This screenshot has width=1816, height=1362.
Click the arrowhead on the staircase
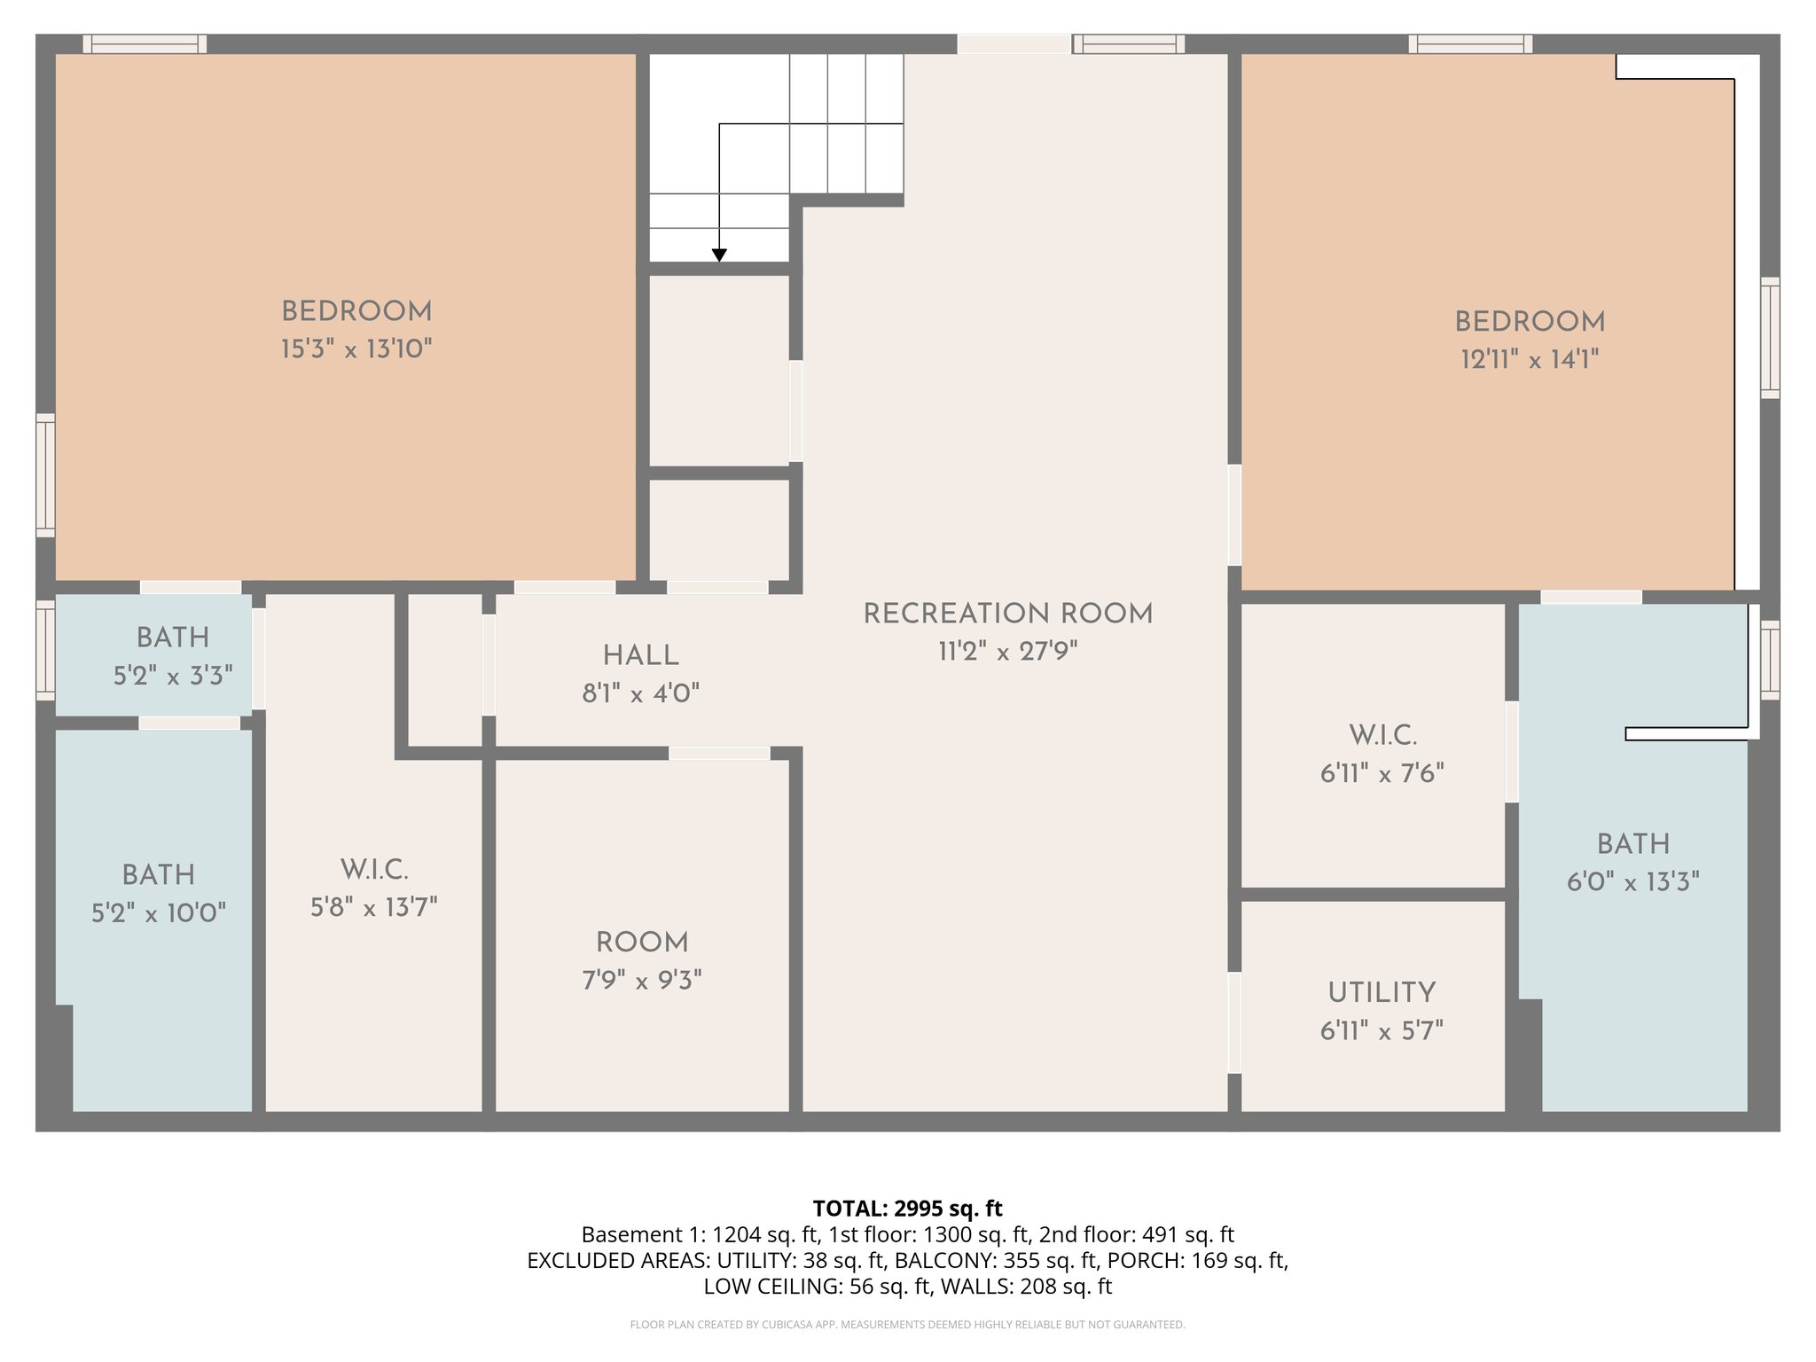pos(719,255)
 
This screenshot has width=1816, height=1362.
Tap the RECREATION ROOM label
pos(1008,614)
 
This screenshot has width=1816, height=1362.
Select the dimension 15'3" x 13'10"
pos(356,349)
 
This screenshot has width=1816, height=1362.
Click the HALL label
pos(640,656)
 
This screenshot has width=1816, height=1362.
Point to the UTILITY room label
pos(1382,992)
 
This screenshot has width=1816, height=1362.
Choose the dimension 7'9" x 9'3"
pos(642,981)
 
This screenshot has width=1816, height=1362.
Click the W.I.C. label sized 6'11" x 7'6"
pos(1382,735)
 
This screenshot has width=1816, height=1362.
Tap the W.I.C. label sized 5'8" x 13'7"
pos(374,870)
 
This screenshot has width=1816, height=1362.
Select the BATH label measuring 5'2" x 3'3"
pos(173,638)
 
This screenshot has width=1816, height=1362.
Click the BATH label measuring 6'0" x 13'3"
pos(1633,844)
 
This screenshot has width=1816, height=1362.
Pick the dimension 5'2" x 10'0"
pos(159,913)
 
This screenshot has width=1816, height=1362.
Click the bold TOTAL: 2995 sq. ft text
pos(907,1209)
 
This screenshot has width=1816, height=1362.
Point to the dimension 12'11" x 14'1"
pos(1530,359)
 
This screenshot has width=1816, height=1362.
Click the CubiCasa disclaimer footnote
pos(907,1325)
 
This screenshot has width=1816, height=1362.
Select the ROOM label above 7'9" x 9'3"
pos(642,943)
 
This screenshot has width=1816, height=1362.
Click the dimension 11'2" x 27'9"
pos(1008,652)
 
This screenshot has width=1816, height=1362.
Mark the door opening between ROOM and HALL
pos(719,753)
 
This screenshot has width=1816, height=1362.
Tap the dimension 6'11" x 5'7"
pos(1382,1030)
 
